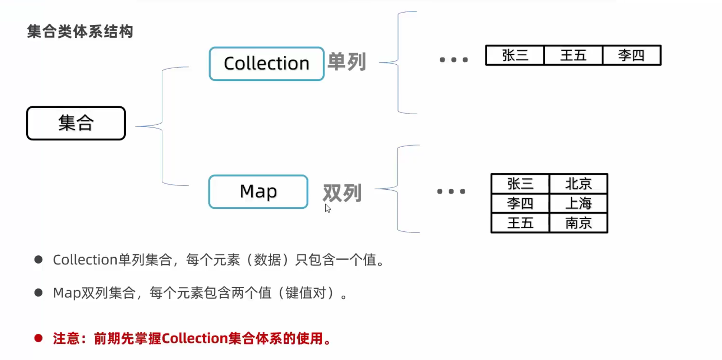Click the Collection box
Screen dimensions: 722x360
[266, 64]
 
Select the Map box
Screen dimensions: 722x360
[258, 191]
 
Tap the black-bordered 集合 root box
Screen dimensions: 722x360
[76, 123]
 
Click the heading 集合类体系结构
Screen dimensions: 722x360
[80, 31]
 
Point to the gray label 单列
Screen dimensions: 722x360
[347, 61]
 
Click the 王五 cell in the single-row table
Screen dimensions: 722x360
[573, 55]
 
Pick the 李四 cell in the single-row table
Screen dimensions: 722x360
[631, 55]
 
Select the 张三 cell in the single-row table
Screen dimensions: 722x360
[515, 55]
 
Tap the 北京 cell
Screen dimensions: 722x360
[578, 184]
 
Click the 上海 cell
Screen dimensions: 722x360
[578, 204]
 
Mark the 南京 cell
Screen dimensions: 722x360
[578, 223]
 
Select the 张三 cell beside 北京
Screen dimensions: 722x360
[520, 184]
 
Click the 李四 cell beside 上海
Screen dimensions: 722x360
[520, 204]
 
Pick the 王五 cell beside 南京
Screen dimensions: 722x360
[520, 223]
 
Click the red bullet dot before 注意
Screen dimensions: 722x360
[38, 338]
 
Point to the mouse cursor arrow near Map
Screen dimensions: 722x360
[327, 208]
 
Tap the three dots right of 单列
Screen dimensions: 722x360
[454, 60]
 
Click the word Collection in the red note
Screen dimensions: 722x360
[194, 338]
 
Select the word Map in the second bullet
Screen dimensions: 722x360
[67, 293]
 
